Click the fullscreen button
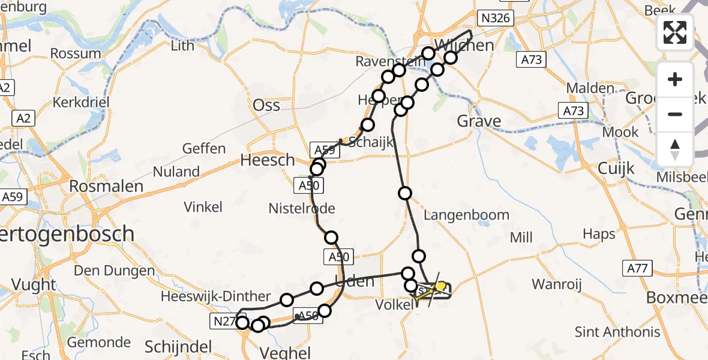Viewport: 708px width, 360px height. tap(675, 32)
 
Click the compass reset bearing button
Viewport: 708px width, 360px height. tap(675, 149)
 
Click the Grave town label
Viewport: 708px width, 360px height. tap(479, 122)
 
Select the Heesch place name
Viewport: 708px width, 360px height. tap(268, 160)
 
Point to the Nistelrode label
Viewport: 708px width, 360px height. tap(301, 208)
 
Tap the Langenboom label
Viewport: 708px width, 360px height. tap(466, 215)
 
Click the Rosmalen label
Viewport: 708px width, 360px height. tap(106, 186)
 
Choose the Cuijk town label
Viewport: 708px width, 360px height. tap(616, 169)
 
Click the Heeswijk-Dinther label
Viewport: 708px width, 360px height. tap(216, 296)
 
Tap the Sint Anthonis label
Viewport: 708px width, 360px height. tap(617, 332)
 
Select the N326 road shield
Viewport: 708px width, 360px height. tap(495, 18)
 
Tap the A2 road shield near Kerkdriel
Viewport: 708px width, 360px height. tap(23, 118)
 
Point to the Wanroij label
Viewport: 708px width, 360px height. tap(557, 284)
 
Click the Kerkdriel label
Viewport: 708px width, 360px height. tap(81, 102)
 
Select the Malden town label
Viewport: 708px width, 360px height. tap(590, 88)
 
